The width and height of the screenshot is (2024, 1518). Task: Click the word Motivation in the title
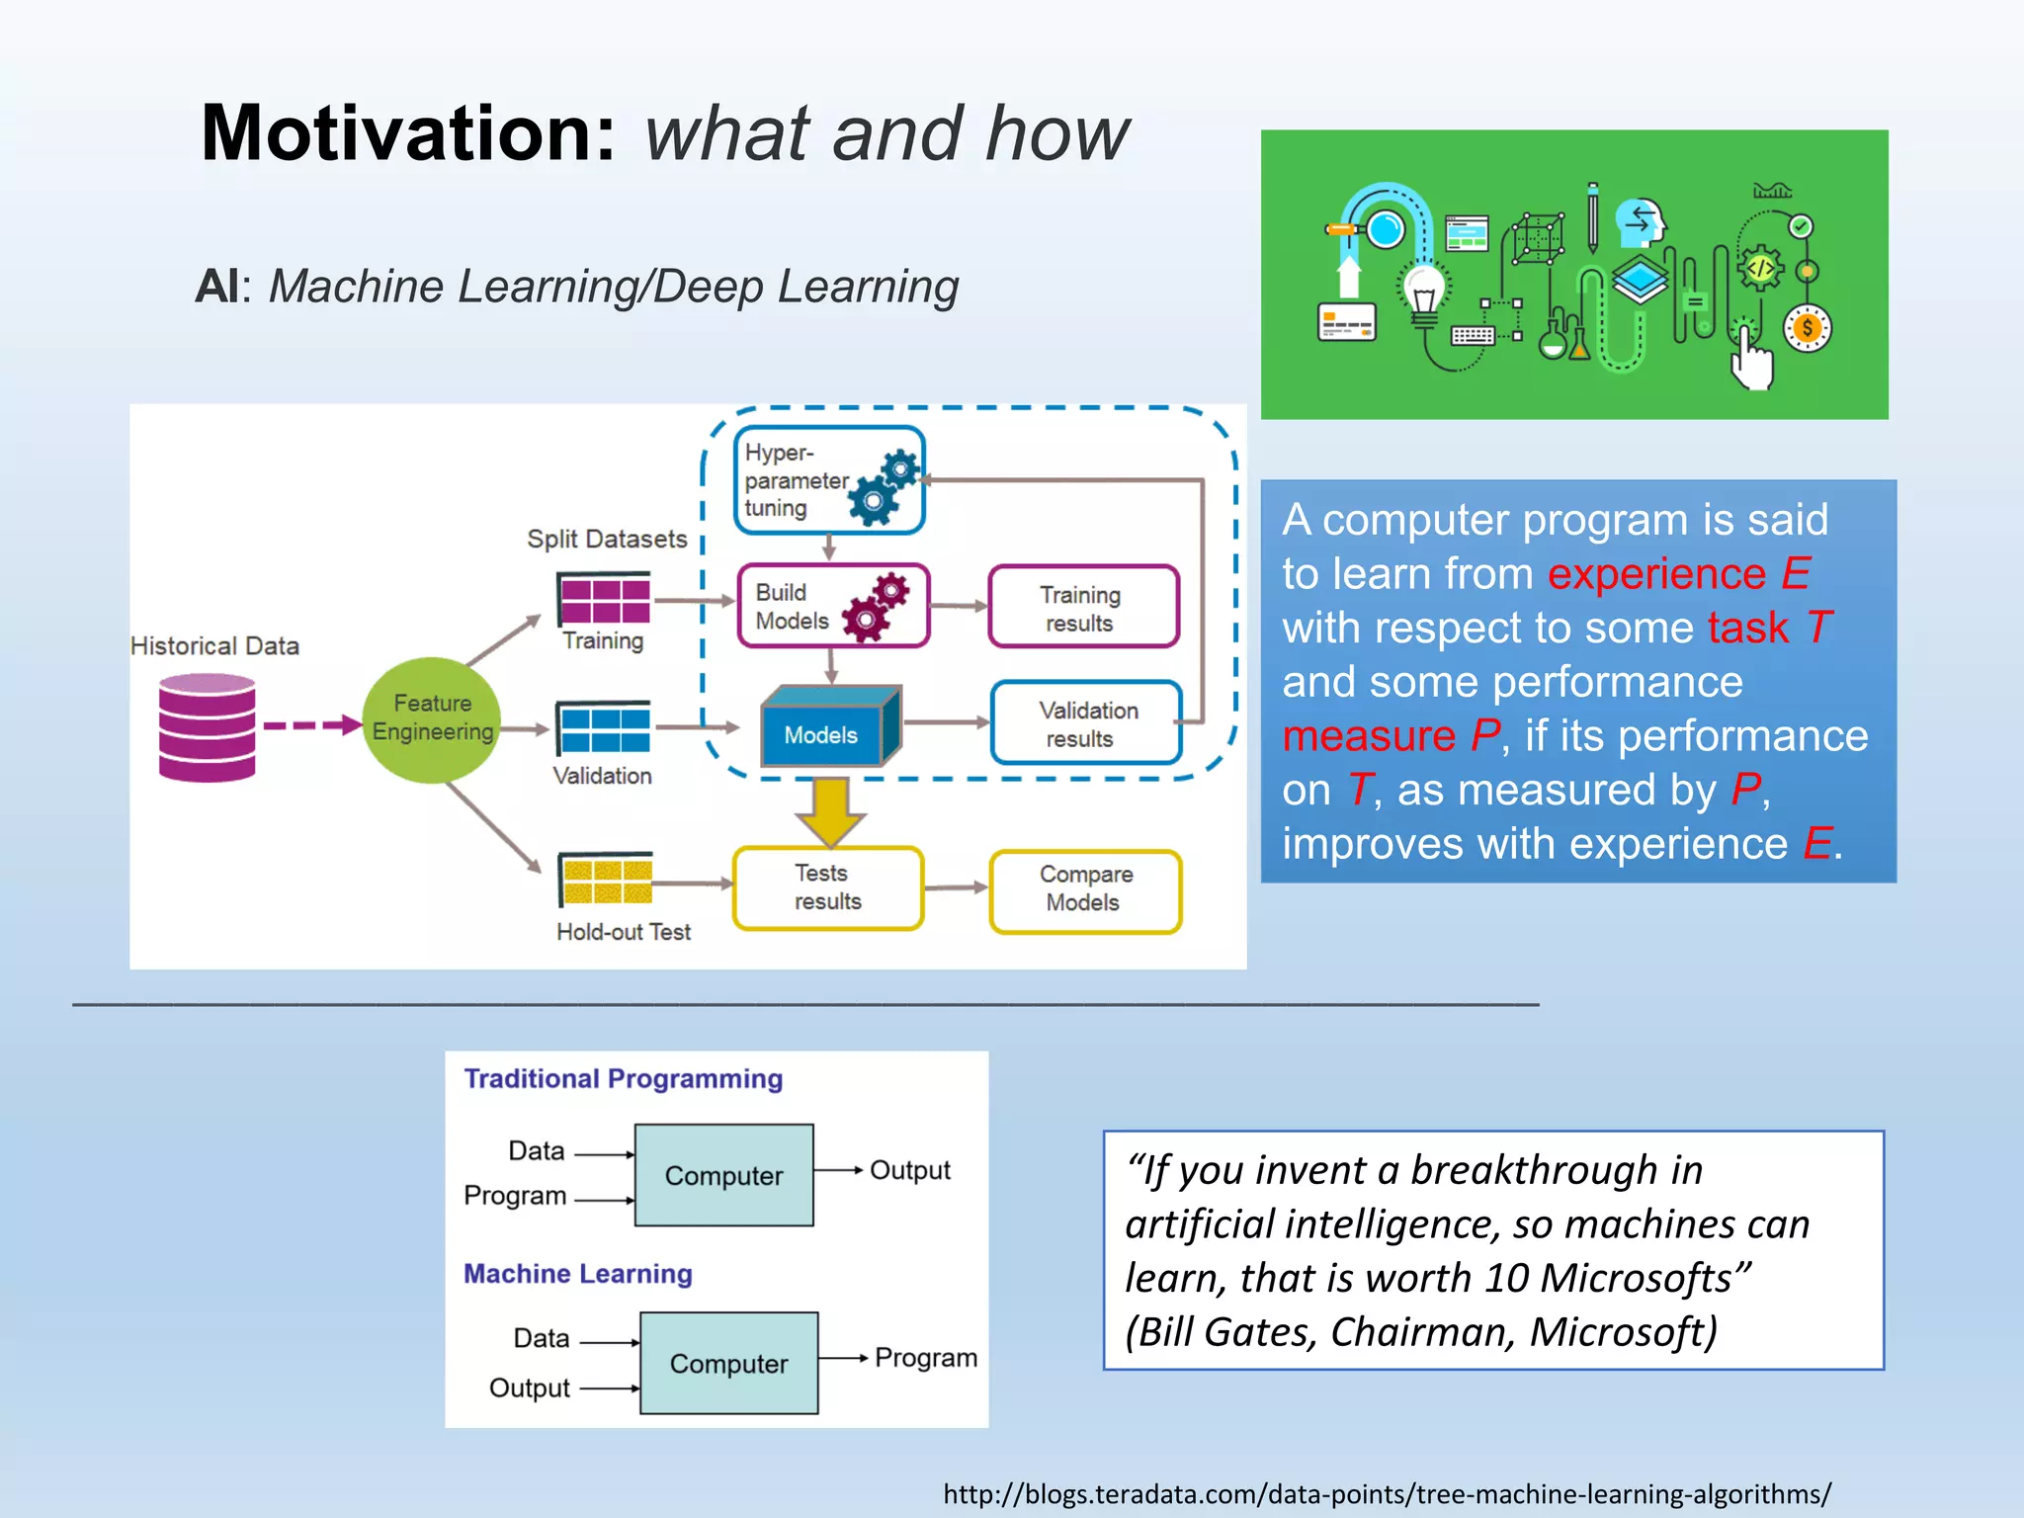408,133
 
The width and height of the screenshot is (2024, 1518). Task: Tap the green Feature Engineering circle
432,719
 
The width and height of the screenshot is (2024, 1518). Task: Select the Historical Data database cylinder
208,727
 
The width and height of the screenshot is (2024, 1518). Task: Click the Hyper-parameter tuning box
829,480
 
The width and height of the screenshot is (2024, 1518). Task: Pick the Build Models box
833,606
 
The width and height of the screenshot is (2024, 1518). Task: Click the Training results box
1083,608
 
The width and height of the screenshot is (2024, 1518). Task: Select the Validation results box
1086,723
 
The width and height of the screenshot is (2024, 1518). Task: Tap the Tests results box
828,887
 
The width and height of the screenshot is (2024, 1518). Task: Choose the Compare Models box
1085,890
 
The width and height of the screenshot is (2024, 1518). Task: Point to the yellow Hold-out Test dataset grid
606,880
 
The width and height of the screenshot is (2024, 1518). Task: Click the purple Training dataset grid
605,600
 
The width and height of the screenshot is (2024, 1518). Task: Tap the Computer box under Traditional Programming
723,1175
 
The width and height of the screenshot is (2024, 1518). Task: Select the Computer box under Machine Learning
728,1363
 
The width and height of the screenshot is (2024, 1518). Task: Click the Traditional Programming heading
623,1078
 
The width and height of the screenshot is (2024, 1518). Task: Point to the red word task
1747,629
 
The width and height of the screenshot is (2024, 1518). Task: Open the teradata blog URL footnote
1387,1493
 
